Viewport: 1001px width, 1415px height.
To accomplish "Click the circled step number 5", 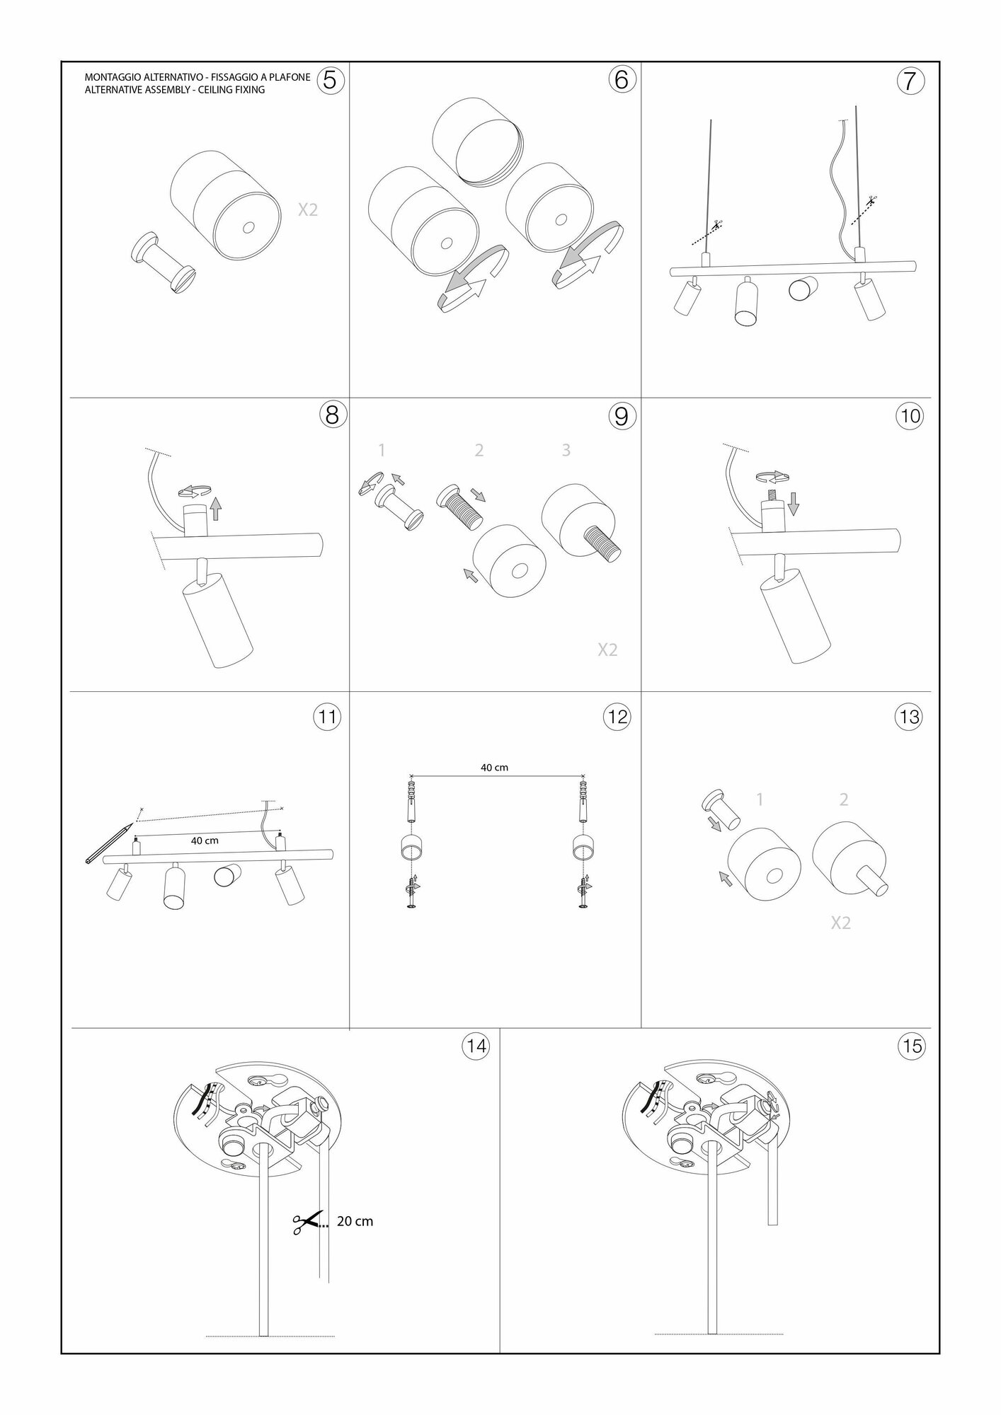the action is [x=331, y=80].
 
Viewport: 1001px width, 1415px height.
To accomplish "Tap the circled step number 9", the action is [x=620, y=415].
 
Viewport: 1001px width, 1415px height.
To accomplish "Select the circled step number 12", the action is [x=617, y=717].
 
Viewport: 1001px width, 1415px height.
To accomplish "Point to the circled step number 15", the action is [x=912, y=1045].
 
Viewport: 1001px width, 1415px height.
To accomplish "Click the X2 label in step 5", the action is [x=308, y=209].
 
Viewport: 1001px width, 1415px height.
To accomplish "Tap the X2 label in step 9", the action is [x=607, y=649].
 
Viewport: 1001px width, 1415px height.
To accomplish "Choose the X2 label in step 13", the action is [x=840, y=923].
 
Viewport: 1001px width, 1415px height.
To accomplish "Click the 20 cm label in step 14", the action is [x=355, y=1221].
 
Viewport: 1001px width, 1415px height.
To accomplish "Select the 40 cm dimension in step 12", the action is [x=494, y=767].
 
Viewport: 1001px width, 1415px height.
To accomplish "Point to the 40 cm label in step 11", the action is [x=205, y=841].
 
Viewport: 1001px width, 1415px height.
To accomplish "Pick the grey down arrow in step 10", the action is [x=793, y=504].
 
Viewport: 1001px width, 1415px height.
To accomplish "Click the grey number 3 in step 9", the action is [x=566, y=450].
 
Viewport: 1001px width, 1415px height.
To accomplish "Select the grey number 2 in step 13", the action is [x=843, y=799].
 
